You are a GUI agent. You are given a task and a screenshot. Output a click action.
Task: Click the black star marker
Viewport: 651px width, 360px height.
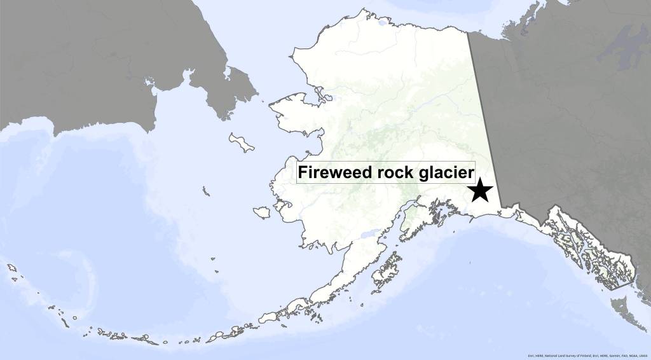tap(480, 190)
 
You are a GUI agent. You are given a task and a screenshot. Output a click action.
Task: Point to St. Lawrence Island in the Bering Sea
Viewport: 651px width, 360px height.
tap(242, 142)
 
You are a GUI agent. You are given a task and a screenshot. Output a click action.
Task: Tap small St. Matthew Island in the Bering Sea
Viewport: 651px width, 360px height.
tap(205, 190)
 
